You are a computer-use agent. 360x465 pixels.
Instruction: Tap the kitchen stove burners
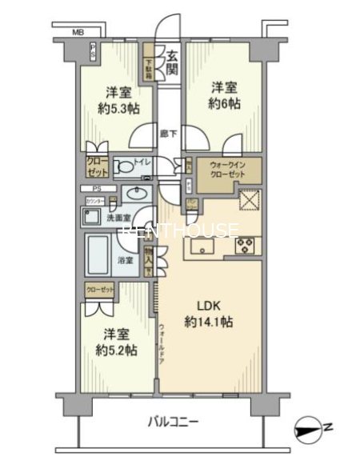[x=244, y=245]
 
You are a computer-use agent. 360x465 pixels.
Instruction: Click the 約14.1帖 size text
[x=208, y=324]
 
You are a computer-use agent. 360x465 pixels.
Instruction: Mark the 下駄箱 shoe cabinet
[x=149, y=60]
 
